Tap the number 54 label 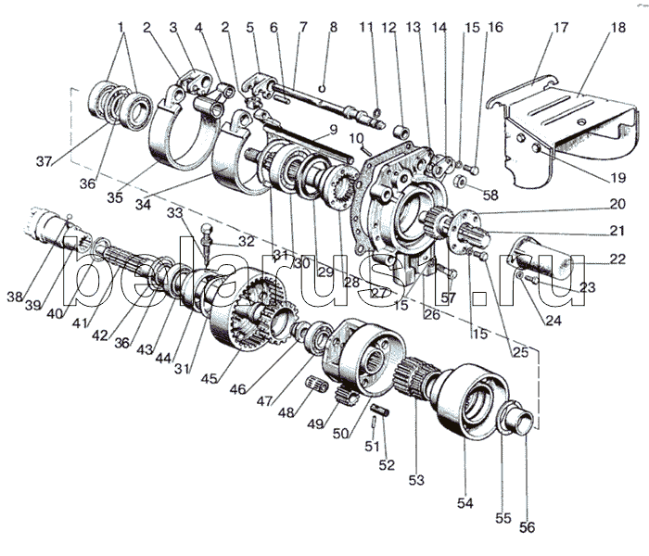(464, 502)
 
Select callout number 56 (527, 528)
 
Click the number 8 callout (334, 28)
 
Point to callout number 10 (357, 139)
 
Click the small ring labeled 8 (320, 91)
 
